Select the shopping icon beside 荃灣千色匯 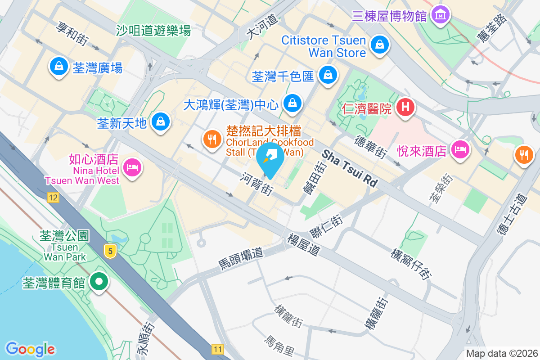point(328,75)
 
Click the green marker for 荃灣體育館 point(99,282)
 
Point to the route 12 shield point(54,197)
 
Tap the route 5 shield point(110,251)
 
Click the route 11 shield point(218,349)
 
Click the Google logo point(30,349)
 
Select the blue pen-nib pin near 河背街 point(270,158)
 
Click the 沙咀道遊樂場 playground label point(153,31)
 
